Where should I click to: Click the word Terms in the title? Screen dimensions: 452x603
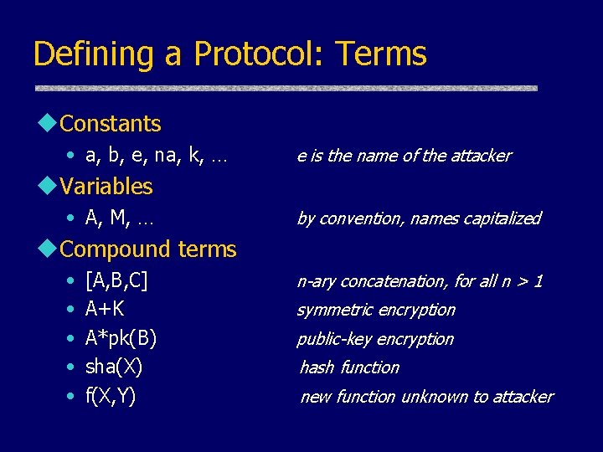pos(381,54)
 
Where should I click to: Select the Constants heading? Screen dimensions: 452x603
pos(111,124)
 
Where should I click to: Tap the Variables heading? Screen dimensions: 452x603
pos(106,186)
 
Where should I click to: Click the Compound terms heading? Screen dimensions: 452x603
pos(148,249)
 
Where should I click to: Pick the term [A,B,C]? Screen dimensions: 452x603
pos(116,280)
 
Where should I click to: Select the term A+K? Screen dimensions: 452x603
pos(106,309)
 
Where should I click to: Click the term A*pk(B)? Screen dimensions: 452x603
pos(121,338)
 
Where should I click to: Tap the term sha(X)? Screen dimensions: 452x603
pos(114,367)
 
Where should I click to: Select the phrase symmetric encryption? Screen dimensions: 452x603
pos(376,310)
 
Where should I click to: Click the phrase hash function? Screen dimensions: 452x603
pos(349,367)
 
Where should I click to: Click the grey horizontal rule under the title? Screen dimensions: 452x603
pos(285,87)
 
